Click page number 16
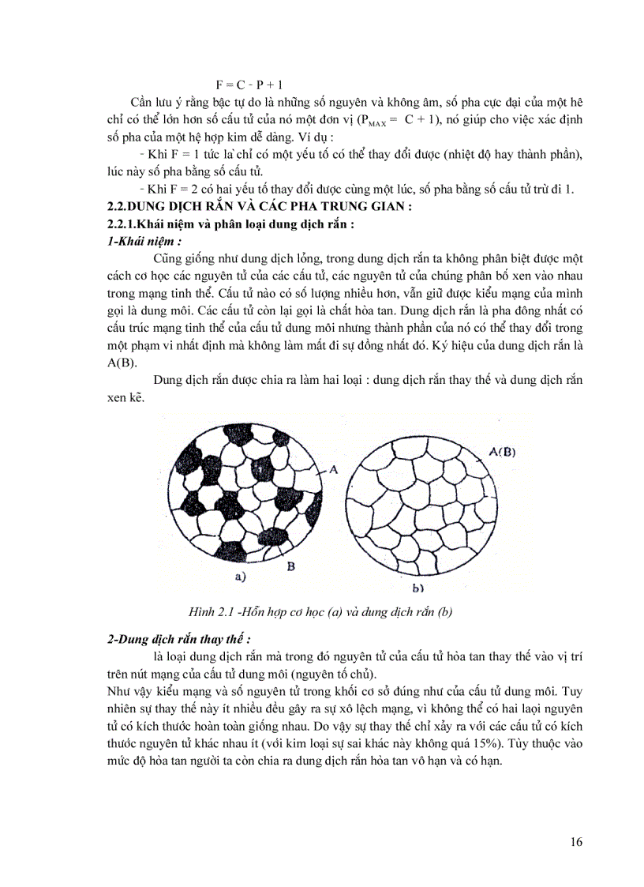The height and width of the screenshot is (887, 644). (576, 842)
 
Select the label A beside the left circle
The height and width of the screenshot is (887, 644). (334, 469)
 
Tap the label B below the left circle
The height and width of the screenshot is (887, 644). (291, 566)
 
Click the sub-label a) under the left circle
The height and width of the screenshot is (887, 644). (240, 577)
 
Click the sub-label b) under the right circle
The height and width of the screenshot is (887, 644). (418, 588)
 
